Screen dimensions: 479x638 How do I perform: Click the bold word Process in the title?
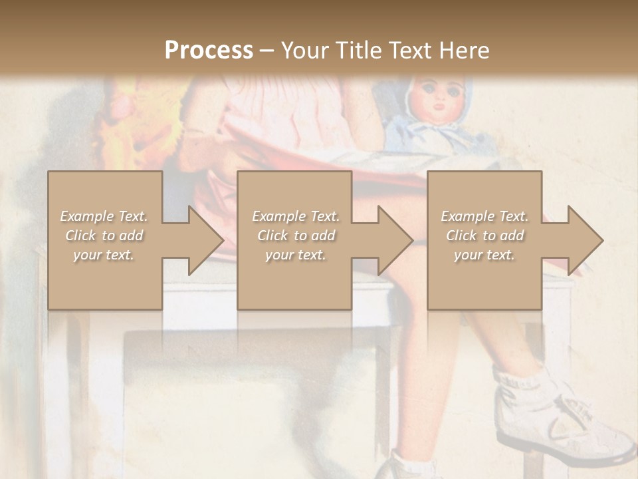209,51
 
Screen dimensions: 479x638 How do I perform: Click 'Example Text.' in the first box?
104,216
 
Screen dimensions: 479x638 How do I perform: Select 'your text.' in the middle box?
296,255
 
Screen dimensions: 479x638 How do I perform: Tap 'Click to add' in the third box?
484,236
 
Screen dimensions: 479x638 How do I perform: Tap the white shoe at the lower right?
565,419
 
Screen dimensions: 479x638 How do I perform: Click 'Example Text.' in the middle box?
296,216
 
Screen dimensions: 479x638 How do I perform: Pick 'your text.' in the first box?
104,255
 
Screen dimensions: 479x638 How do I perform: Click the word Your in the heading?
303,51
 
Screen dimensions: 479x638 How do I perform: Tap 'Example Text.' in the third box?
484,216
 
